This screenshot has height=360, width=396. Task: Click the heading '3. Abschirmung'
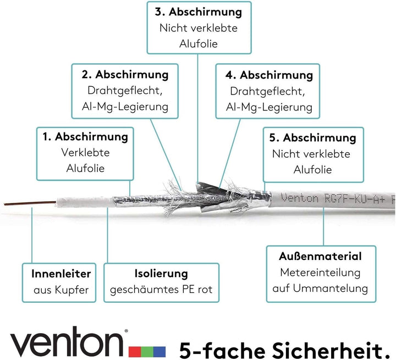point(199,12)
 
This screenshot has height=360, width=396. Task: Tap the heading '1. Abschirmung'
point(85,136)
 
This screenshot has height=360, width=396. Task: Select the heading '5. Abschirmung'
point(312,137)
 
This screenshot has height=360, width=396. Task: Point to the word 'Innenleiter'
point(61,274)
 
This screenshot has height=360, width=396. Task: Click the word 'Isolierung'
point(161,273)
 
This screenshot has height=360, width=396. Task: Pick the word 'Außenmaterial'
point(320,256)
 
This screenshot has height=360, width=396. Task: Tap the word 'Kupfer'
point(71,290)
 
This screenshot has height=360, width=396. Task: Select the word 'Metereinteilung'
point(320,273)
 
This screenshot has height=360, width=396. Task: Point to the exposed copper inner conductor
point(30,203)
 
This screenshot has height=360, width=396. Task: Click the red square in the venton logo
point(135,352)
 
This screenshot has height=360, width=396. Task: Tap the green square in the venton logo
point(147,352)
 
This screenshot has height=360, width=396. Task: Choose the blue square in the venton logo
point(159,352)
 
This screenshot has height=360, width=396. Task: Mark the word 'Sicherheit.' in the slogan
point(331,350)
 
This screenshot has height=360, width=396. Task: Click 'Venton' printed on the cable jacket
point(300,198)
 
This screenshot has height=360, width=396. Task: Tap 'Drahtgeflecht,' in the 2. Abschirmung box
point(125,91)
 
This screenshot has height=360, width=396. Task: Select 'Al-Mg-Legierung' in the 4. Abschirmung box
point(269,107)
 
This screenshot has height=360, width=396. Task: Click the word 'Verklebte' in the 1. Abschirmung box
point(85,152)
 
